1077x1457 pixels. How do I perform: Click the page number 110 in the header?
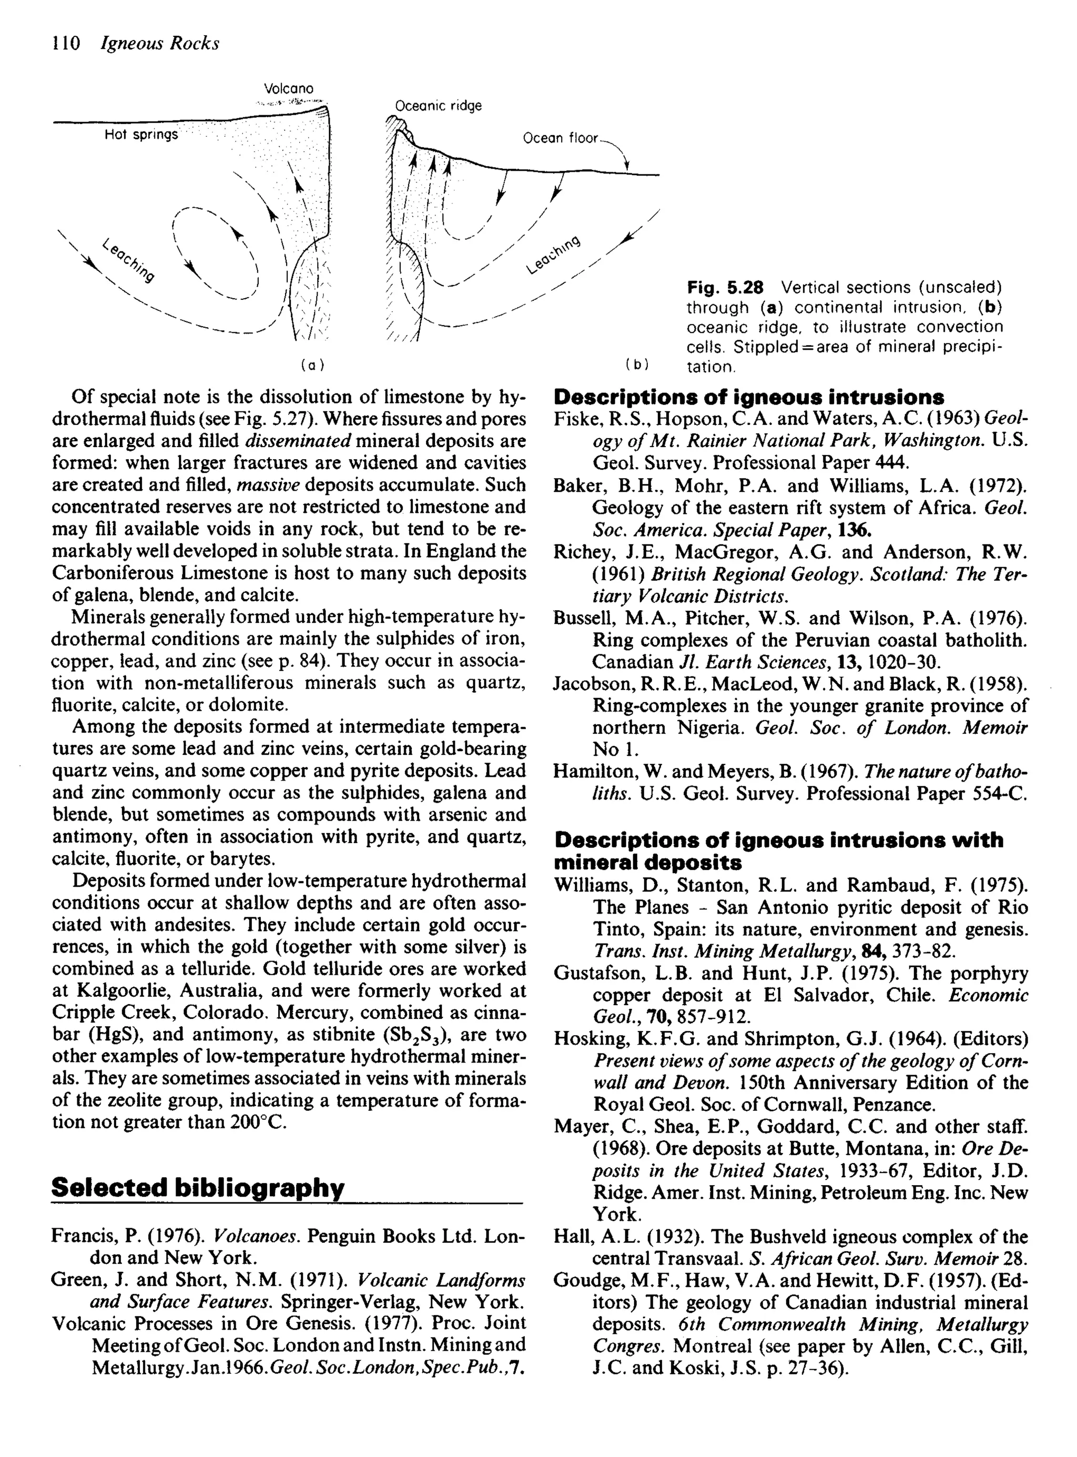(65, 44)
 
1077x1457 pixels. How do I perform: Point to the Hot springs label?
(141, 135)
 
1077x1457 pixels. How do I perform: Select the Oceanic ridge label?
(439, 106)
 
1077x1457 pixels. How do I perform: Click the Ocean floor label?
(560, 138)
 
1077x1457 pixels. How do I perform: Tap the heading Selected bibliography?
(197, 1187)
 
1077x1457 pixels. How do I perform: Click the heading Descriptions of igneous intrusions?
(748, 397)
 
